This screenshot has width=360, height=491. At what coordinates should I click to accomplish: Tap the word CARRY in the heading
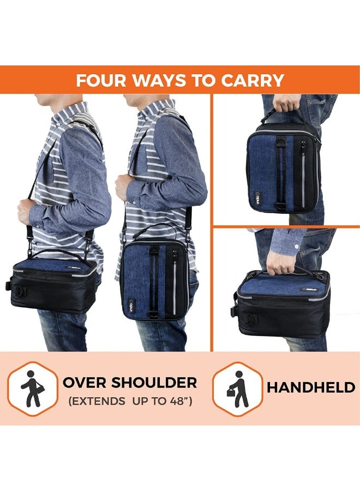click(x=253, y=80)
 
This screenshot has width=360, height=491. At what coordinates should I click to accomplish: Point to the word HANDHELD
click(x=311, y=388)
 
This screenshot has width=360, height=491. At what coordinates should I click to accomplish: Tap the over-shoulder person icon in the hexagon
click(x=33, y=388)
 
